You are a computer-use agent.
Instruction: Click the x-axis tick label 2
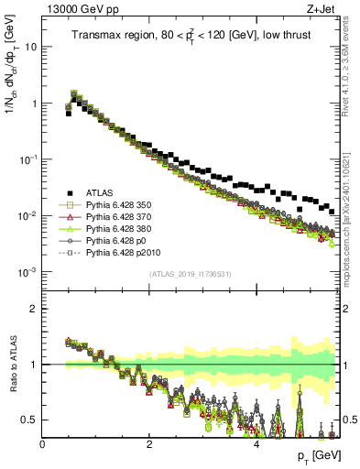[x=149, y=444]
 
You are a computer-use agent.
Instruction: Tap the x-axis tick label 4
[x=256, y=444]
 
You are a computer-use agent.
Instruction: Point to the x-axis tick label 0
[x=42, y=444]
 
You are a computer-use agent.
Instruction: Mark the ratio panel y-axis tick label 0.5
[x=27, y=420]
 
